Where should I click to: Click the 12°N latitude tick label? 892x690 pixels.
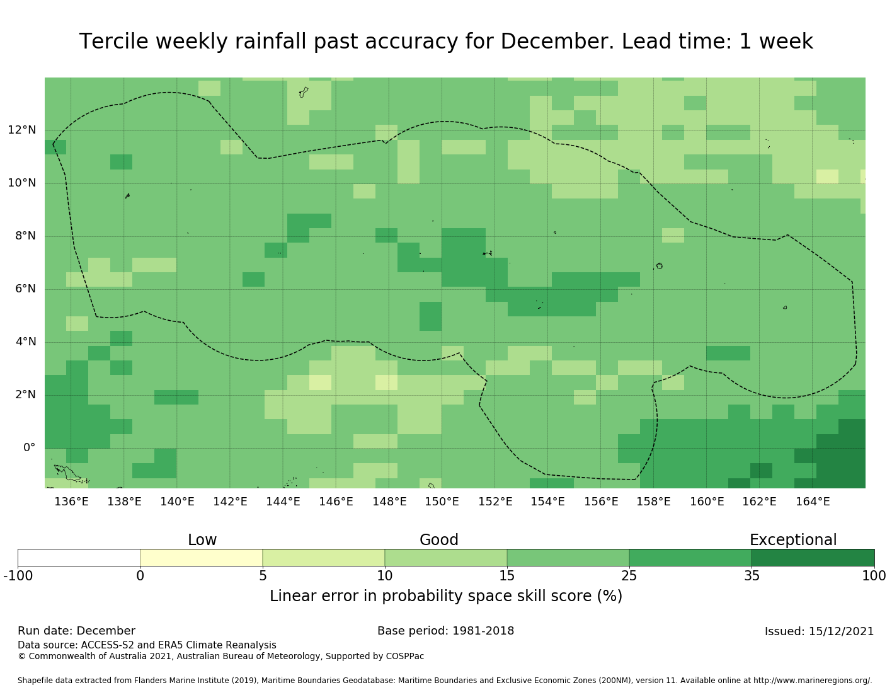coord(22,130)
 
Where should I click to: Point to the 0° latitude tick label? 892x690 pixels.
coord(29,448)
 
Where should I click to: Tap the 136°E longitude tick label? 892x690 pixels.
coord(71,502)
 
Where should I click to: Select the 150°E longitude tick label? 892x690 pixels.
coord(442,502)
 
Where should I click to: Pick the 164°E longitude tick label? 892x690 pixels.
coord(813,502)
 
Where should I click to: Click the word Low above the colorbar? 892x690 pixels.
coord(202,540)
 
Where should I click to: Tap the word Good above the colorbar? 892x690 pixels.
coord(439,540)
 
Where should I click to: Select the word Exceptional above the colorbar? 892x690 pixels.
coord(793,540)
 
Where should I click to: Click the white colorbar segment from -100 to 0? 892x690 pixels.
coord(79,558)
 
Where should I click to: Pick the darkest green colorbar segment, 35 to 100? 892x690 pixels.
coord(813,558)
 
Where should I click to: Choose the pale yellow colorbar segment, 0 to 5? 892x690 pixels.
coord(201,558)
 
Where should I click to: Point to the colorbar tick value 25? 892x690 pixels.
coord(629,575)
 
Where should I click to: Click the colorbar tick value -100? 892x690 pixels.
coord(18,575)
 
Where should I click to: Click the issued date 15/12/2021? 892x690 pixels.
coord(842,631)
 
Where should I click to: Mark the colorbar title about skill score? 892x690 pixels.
coord(446,596)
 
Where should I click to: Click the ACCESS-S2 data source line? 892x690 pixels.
coord(147,645)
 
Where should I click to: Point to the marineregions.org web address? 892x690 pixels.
coord(813,681)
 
